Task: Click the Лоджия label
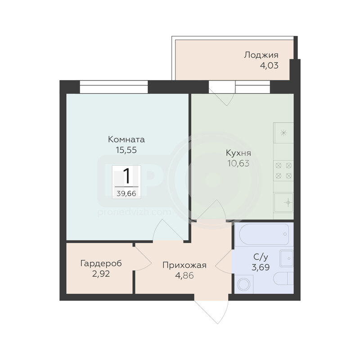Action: coord(261,55)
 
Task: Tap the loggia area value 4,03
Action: coord(269,65)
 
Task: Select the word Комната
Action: coord(126,139)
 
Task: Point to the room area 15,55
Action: coord(126,150)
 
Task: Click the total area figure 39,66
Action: coord(126,193)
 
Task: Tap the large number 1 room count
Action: coord(127,176)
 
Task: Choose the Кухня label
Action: coord(238,153)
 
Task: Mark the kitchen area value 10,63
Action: coord(238,163)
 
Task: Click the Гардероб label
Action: coord(101,263)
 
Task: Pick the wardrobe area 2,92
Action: coord(101,274)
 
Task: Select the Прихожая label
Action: coord(184,265)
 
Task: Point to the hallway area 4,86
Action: coord(184,275)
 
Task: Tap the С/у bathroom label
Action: coord(261,257)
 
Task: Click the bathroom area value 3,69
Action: coord(261,267)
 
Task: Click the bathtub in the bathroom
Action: coord(264,234)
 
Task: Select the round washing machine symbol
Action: coord(243,285)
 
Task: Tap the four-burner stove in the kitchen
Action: coord(283,171)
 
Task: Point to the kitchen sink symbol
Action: coord(284,202)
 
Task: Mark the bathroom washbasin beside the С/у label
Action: coord(287,258)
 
